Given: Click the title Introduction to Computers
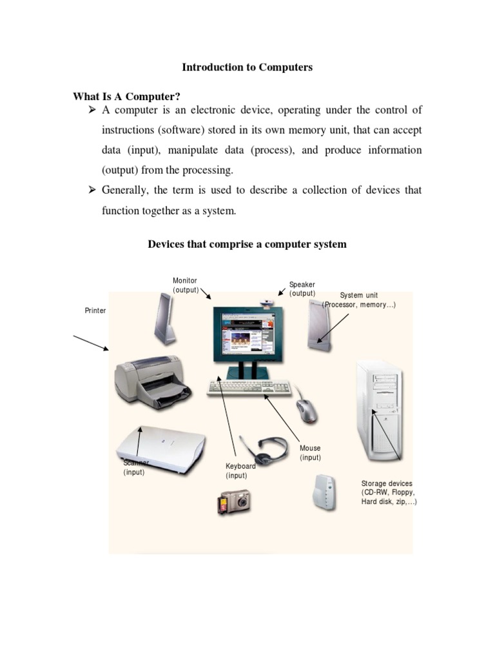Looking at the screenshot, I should pos(247,67).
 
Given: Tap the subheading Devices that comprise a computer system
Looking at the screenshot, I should pos(247,244).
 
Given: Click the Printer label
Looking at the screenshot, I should pos(95,310).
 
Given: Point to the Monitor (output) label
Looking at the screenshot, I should pos(185,286).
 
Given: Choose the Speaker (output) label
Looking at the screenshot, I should pos(302,289).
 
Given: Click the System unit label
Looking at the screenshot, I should pos(358,300).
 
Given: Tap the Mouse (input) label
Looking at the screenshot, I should pos(310,453).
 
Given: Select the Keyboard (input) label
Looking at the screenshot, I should pos(240,471).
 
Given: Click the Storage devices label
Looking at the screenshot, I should pos(388,492).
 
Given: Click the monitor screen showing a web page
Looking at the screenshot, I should pos(248,334).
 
